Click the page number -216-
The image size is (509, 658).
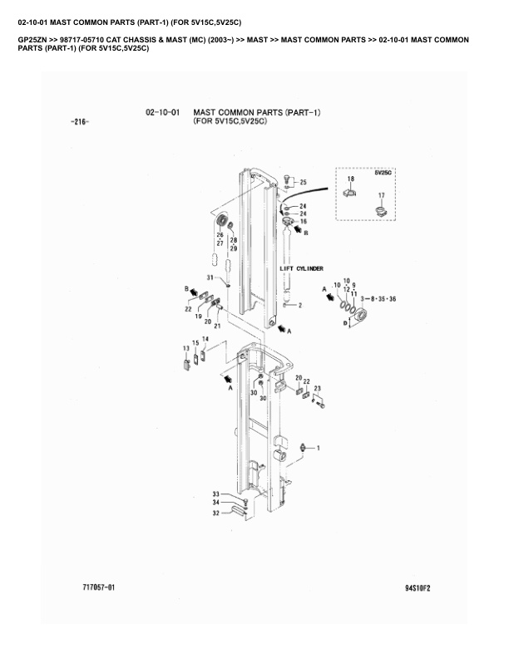(x=80, y=122)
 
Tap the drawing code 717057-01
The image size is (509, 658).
(x=99, y=587)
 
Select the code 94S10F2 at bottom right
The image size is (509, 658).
(x=418, y=588)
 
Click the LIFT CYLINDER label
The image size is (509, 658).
(x=302, y=268)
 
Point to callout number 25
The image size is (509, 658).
(x=304, y=182)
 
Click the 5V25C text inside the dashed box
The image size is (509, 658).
(x=383, y=173)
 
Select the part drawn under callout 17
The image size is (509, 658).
(x=381, y=211)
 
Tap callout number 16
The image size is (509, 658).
(x=304, y=221)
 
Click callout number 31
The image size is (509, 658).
(x=210, y=277)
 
